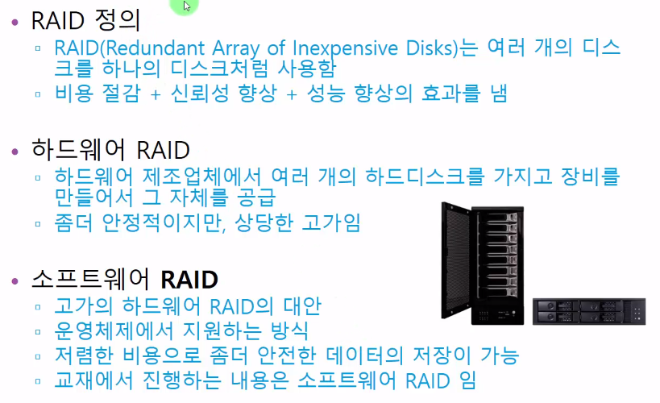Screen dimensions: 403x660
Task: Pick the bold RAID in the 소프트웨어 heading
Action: pos(189,280)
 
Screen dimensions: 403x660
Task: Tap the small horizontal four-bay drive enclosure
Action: pos(589,310)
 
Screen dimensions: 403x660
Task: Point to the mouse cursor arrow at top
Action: pos(187,6)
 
